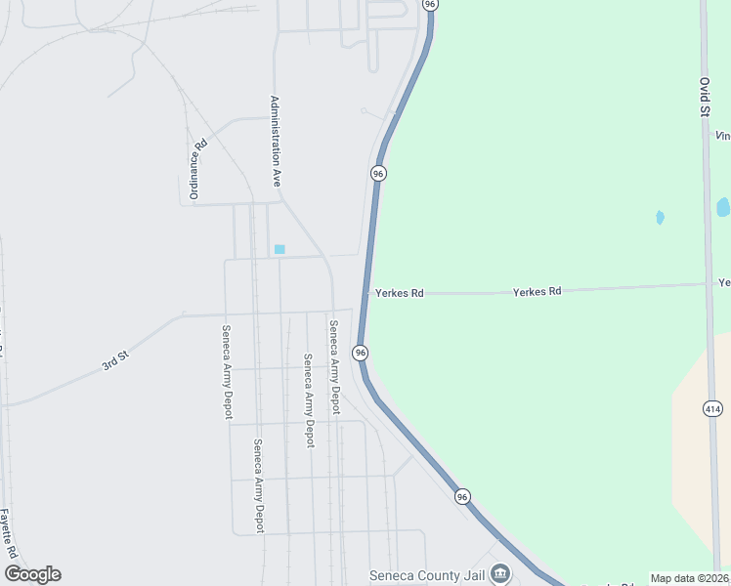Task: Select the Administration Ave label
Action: (x=277, y=142)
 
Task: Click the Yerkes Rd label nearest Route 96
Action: (x=399, y=293)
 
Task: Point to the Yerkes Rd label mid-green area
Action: (x=537, y=291)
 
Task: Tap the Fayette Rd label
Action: (x=9, y=533)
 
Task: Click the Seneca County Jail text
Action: (x=427, y=575)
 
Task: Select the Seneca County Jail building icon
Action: (x=500, y=572)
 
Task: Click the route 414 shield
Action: (x=712, y=409)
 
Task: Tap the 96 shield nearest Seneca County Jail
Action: (x=462, y=497)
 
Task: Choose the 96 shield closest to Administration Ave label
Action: (x=378, y=173)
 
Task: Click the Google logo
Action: (x=32, y=574)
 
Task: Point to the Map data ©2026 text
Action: (x=688, y=578)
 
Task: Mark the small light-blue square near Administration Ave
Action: (x=279, y=249)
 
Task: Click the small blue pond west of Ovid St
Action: (x=660, y=217)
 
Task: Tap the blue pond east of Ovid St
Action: (x=723, y=207)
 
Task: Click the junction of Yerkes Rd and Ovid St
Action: (x=708, y=285)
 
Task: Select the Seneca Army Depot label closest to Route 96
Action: (x=334, y=367)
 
